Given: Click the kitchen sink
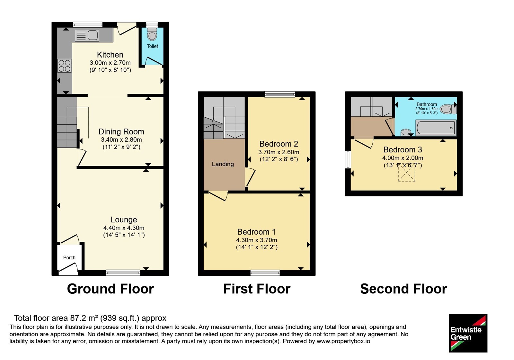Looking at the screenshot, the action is coord(87,35).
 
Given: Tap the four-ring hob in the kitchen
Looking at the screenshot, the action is coord(65,66).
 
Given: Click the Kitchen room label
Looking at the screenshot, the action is coord(110,55).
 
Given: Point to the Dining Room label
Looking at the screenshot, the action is coord(121,132).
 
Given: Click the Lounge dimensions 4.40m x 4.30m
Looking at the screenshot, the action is coord(124,228).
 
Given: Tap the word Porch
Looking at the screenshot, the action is coord(69,257).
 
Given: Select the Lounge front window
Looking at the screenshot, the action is coord(123,273).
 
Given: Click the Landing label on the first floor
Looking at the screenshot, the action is coord(223,164).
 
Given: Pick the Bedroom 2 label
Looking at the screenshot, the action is coord(279,144).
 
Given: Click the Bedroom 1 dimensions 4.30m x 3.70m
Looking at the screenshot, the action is coord(257,240).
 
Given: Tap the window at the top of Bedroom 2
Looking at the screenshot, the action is coord(280,94).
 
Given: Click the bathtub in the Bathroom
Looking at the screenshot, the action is coord(436,128).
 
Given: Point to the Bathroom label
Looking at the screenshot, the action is coord(427,104).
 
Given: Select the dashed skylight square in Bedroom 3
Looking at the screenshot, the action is coord(406,172).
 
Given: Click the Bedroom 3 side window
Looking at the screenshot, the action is coord(348,159).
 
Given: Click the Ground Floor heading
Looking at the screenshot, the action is coord(111,289).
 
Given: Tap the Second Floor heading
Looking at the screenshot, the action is coord(403,289).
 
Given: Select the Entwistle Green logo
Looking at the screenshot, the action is coord(468,333).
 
